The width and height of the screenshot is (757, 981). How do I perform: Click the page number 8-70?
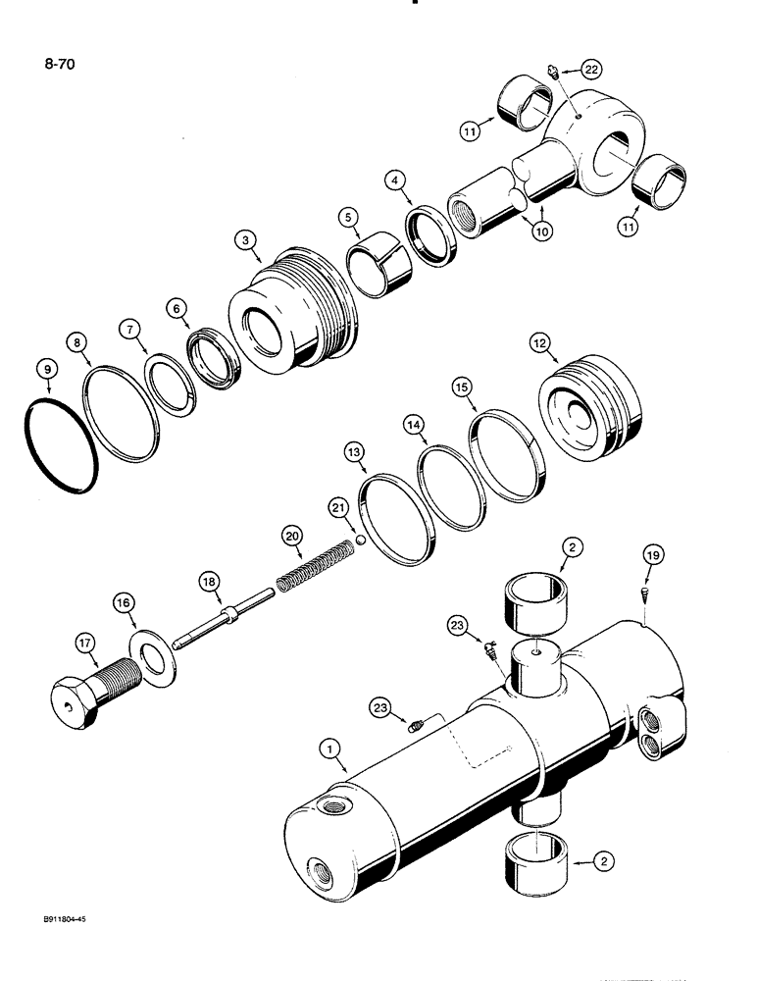tap(60, 67)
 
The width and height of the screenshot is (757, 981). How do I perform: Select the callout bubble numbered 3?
tap(244, 240)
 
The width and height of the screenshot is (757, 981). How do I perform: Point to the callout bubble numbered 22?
tap(591, 69)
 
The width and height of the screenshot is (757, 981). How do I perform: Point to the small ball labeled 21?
tap(361, 539)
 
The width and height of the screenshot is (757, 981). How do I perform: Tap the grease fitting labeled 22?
tap(553, 70)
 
